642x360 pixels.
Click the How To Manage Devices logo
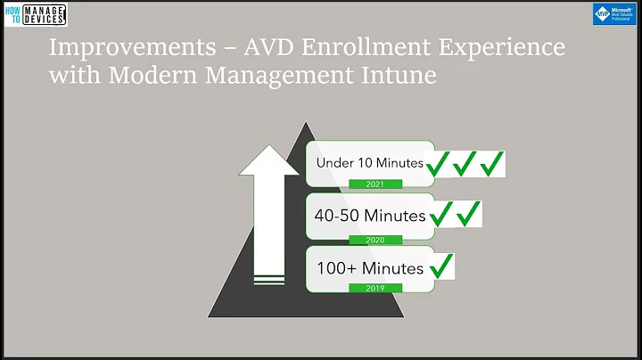pos(35,14)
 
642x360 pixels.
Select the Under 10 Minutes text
pos(369,162)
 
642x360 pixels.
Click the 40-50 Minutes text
pos(369,214)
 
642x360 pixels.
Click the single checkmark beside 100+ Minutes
pos(441,265)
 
